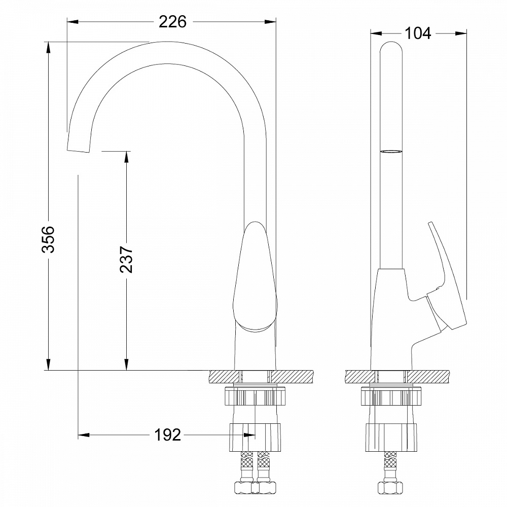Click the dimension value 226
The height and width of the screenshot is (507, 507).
click(x=172, y=22)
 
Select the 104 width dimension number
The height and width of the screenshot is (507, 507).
click(x=418, y=33)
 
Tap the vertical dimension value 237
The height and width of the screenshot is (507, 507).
click(x=126, y=259)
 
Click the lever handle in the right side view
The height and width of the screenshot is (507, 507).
click(x=446, y=284)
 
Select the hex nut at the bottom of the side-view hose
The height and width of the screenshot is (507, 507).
click(x=391, y=488)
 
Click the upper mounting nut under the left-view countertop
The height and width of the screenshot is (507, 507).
click(x=255, y=396)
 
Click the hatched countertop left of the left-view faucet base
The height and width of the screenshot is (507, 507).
click(x=223, y=376)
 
